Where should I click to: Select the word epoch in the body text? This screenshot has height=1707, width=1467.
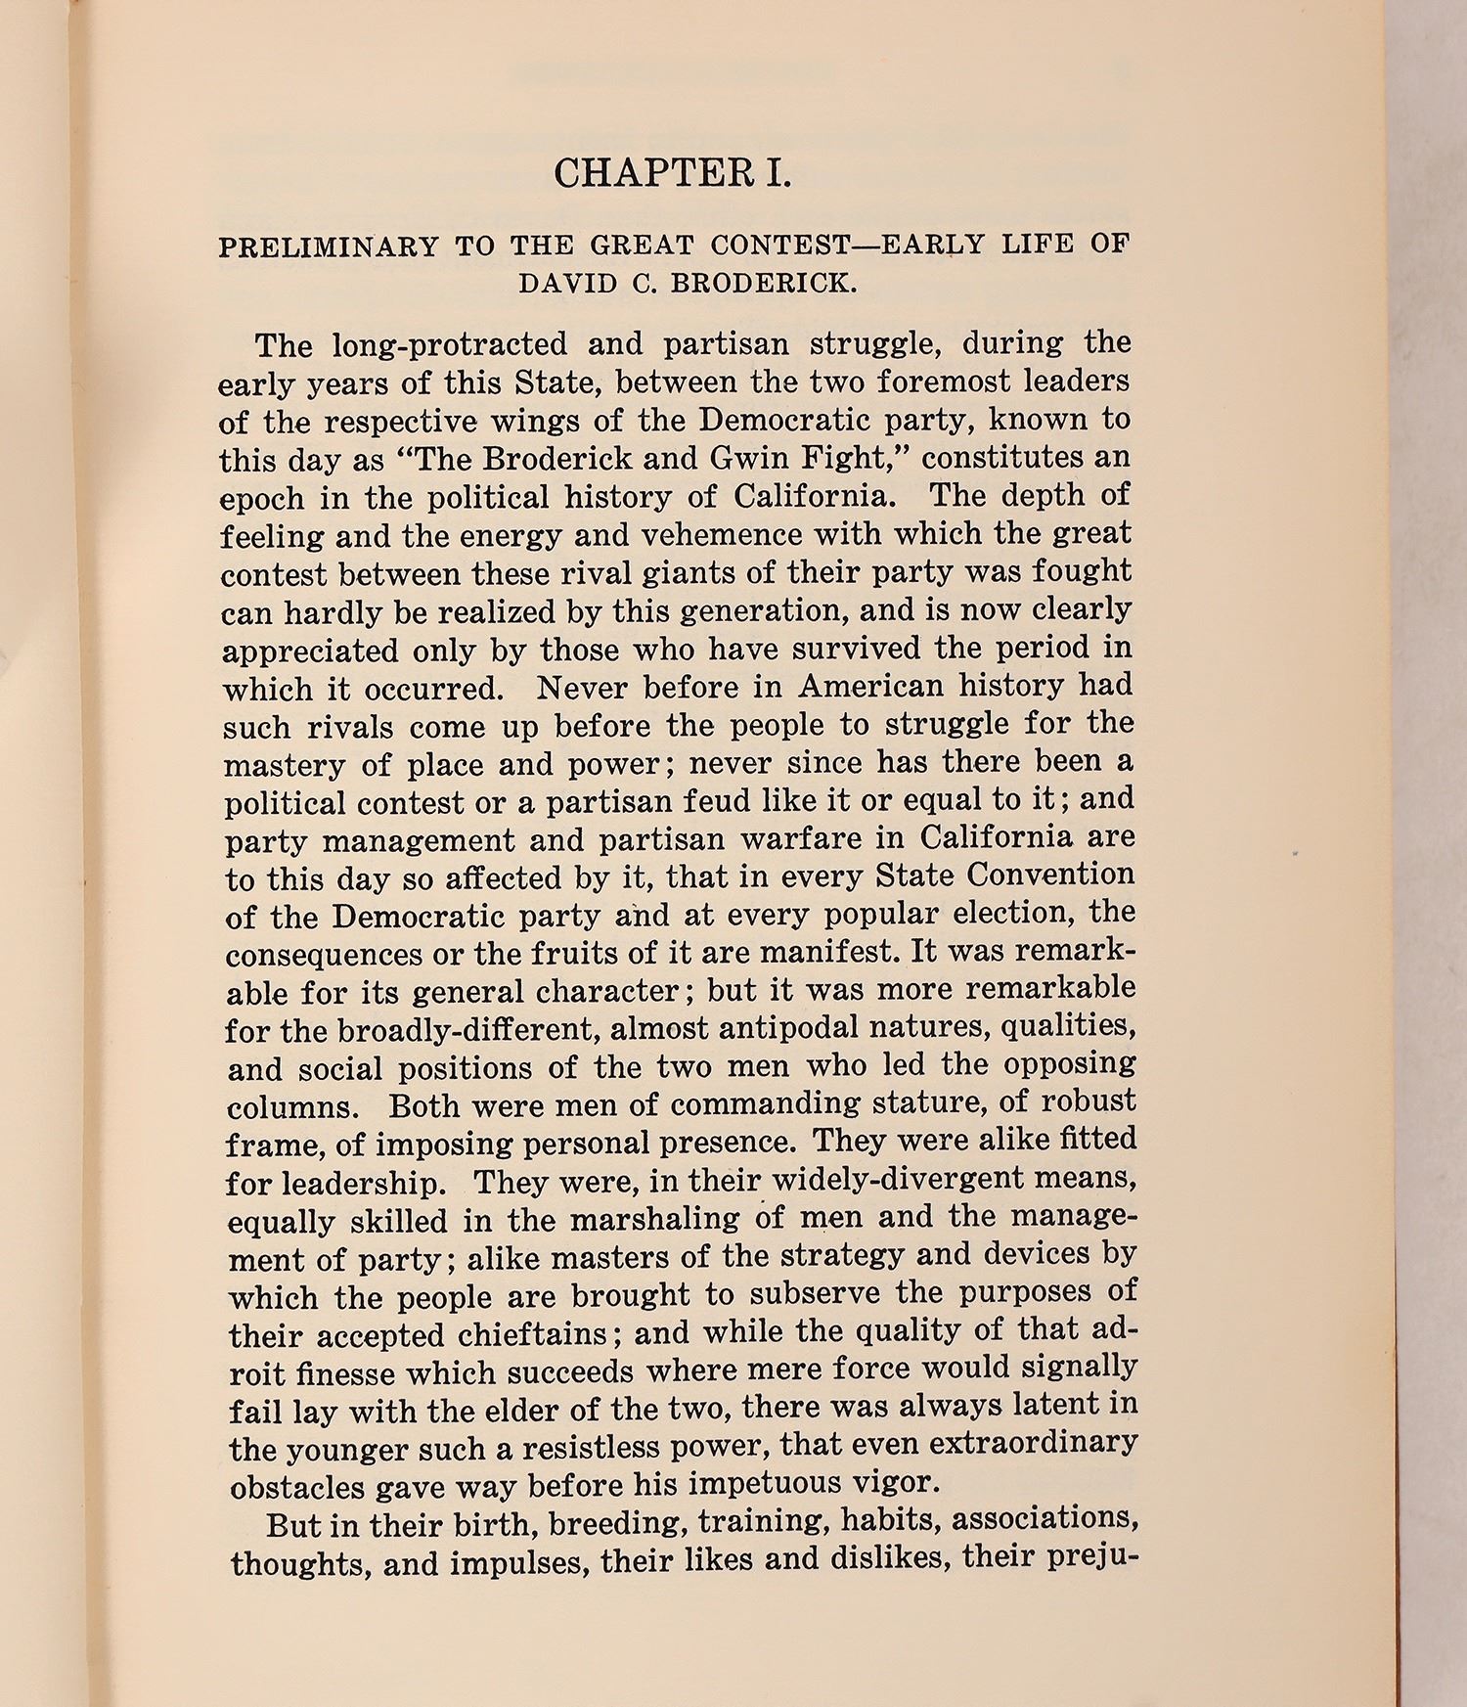coord(261,500)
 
